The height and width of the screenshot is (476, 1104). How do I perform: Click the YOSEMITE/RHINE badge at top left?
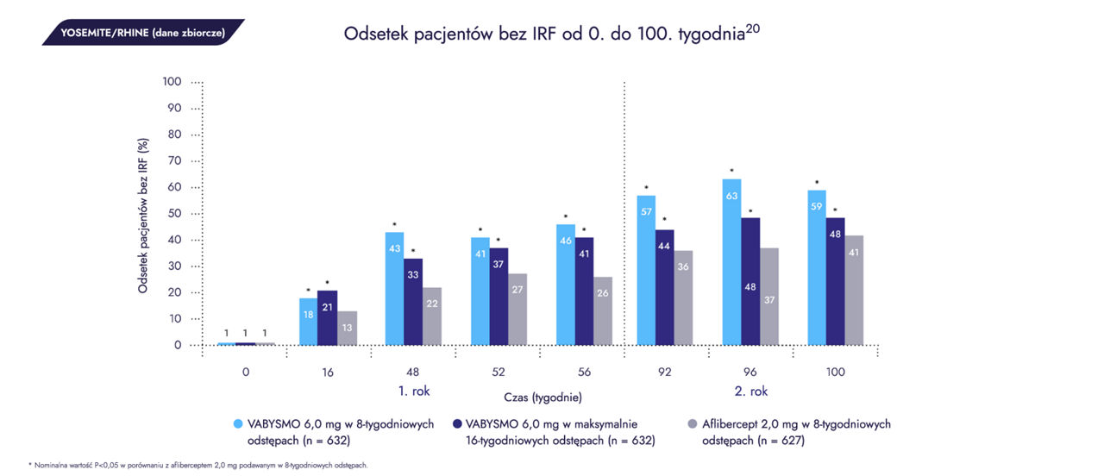tap(142, 33)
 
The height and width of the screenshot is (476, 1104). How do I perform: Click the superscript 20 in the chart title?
tap(753, 28)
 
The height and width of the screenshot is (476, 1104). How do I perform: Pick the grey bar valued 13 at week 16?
tap(348, 328)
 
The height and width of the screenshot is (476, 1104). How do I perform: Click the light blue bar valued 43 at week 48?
tap(394, 288)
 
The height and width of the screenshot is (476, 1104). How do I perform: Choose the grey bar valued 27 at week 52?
tap(517, 309)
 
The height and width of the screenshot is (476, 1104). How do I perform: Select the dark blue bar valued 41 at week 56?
tap(584, 291)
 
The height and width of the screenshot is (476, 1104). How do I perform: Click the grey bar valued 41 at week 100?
tap(854, 290)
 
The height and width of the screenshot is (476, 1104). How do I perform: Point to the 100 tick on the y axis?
tap(172, 82)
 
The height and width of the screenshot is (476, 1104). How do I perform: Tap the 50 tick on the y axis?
tap(174, 213)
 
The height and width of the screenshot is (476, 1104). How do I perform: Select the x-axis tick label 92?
tap(664, 373)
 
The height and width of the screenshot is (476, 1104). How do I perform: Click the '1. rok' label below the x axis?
tap(414, 391)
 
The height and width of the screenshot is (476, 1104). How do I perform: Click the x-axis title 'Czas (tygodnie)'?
tap(543, 398)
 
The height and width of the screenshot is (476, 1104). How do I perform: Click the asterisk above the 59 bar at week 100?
tap(816, 183)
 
